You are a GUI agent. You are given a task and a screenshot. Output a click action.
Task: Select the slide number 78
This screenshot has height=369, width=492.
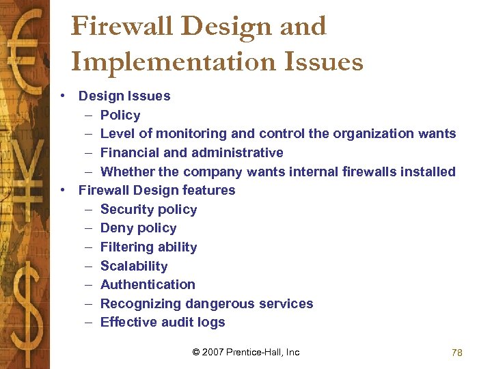pyautogui.click(x=457, y=353)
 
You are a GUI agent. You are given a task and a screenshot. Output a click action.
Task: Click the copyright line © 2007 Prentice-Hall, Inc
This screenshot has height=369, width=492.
pyautogui.click(x=246, y=352)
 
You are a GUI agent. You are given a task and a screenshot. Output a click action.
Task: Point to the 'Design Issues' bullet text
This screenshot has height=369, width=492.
pyautogui.click(x=124, y=96)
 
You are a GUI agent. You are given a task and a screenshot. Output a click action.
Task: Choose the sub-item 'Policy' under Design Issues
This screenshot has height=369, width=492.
pyautogui.click(x=120, y=115)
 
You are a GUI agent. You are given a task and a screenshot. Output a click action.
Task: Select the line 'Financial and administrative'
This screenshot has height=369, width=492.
pyautogui.click(x=191, y=152)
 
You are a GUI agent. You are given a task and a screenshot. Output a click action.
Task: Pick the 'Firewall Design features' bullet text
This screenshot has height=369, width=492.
pyautogui.click(x=156, y=190)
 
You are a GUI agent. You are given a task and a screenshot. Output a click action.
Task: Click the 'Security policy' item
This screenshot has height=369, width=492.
pyautogui.click(x=148, y=210)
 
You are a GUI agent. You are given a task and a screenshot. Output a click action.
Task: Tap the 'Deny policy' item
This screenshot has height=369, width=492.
pyautogui.click(x=138, y=228)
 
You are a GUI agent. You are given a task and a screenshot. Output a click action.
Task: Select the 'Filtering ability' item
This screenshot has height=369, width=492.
pyautogui.click(x=148, y=247)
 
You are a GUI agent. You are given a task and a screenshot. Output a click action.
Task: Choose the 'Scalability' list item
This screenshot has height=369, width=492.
pyautogui.click(x=134, y=266)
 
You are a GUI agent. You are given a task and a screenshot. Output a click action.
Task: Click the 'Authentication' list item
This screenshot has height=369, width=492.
pyautogui.click(x=148, y=284)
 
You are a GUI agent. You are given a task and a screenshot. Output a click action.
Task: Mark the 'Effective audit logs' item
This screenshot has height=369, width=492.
pyautogui.click(x=163, y=322)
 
